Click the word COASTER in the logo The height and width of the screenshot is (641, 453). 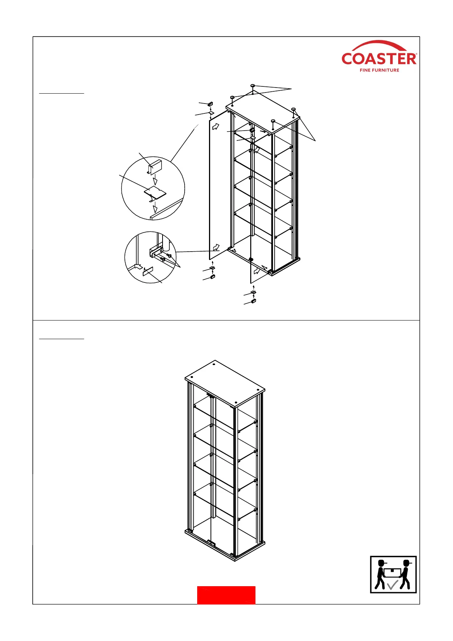coord(379,59)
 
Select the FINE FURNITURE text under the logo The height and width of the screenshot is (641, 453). coord(379,70)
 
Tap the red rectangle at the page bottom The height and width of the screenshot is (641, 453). coord(226,595)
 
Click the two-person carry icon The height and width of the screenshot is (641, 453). coord(393,574)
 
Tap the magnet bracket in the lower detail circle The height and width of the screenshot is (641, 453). coord(156,251)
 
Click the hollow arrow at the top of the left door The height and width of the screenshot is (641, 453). coord(216,126)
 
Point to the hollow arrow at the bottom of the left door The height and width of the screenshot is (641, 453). coord(216,248)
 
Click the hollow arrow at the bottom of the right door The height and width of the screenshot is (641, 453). coord(257,271)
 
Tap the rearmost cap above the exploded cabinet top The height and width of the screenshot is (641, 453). coord(252,86)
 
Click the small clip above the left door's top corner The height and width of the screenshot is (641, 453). coord(210,104)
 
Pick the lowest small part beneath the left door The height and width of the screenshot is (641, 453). coord(213,277)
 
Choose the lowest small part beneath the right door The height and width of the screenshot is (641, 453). coord(254,301)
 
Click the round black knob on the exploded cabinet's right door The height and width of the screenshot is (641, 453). coord(250,260)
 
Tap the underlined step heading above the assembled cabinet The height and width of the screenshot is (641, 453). coord(62,338)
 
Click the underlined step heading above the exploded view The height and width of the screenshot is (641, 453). coord(62,92)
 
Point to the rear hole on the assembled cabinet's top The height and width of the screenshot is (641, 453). coord(214,365)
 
